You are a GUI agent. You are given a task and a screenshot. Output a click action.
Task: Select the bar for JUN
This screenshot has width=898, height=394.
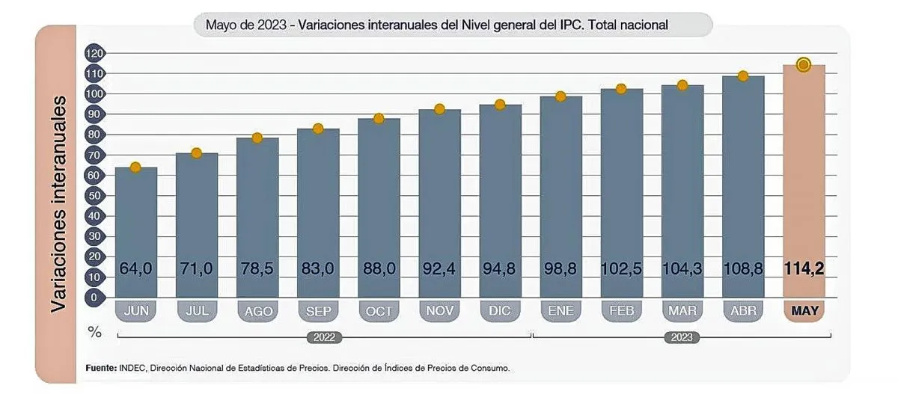(135, 232)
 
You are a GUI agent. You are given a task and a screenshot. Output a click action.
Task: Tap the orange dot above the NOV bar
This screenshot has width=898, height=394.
(439, 109)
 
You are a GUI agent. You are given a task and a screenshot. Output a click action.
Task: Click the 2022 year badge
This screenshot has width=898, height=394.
(324, 337)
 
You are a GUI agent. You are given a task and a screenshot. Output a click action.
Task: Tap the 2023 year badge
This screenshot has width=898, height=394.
(682, 337)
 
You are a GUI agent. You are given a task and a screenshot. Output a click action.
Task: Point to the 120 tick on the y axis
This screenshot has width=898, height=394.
(95, 54)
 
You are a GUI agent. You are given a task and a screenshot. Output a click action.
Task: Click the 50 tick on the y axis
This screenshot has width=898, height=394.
(95, 196)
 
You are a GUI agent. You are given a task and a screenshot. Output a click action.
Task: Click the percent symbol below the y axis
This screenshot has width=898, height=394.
(94, 332)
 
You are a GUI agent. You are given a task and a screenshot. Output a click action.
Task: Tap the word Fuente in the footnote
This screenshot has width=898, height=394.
(100, 369)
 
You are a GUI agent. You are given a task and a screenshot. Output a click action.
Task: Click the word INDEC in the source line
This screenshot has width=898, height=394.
(133, 369)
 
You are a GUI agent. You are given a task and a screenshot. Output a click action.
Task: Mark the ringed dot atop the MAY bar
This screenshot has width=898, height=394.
(804, 65)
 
